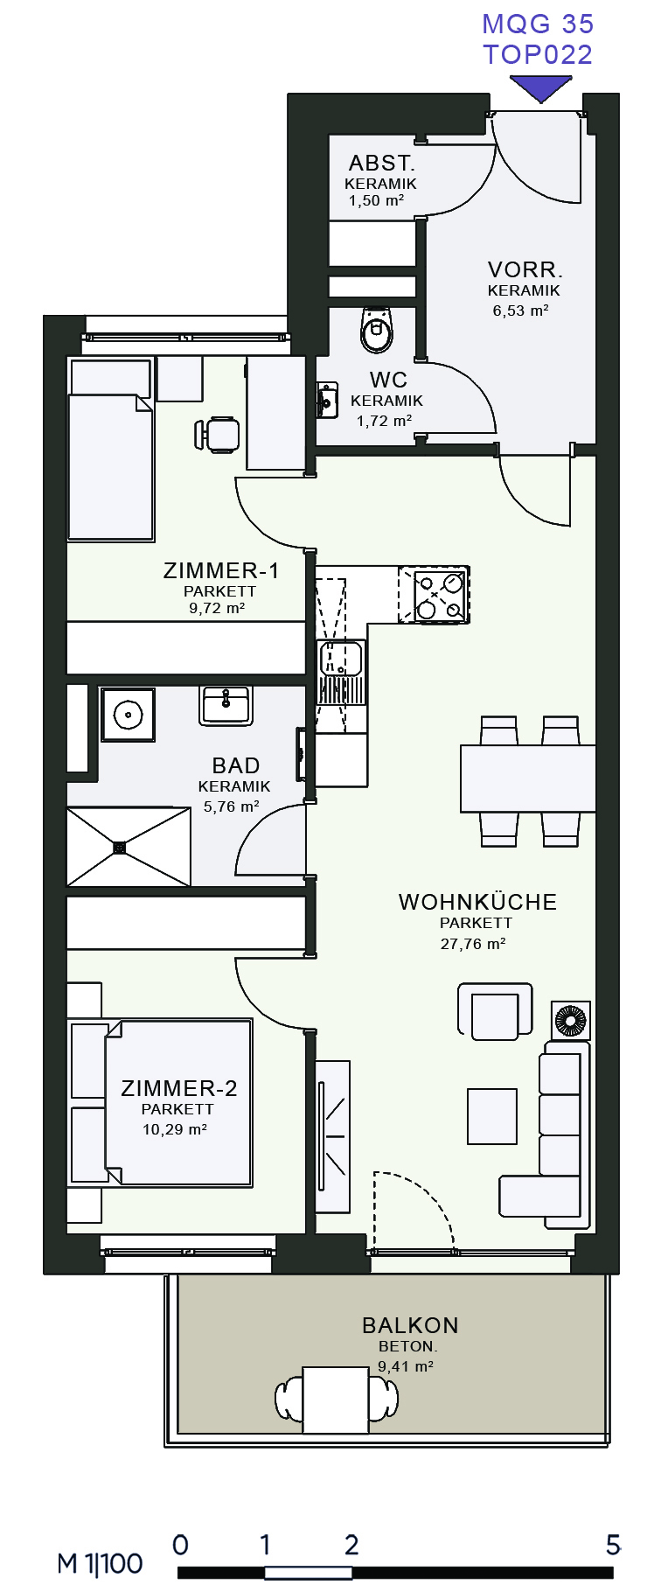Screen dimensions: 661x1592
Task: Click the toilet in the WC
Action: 377,329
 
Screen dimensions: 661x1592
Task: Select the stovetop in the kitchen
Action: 435,595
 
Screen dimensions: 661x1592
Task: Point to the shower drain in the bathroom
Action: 120,847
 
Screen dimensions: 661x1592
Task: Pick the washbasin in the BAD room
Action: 226,705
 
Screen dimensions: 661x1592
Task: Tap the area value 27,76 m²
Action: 473,944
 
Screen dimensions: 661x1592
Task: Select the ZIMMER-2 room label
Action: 179,1088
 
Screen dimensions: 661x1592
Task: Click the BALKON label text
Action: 410,1325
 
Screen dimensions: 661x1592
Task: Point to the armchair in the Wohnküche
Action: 495,1012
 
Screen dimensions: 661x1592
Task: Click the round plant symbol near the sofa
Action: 570,1021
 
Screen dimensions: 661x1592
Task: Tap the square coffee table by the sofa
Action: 491,1116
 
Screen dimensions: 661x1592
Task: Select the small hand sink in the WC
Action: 326,400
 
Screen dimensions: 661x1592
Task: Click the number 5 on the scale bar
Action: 614,1545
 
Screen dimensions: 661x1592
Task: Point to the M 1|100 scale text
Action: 100,1564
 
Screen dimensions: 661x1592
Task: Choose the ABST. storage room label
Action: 381,163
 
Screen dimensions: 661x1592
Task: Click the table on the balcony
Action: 336,1400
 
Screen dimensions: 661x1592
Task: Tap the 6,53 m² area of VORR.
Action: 520,311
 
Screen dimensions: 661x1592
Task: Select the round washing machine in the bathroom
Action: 128,715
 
